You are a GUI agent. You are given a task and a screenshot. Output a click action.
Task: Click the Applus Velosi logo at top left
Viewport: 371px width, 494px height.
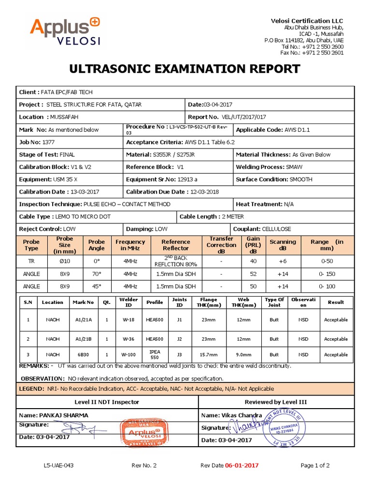pyautogui.click(x=65, y=31)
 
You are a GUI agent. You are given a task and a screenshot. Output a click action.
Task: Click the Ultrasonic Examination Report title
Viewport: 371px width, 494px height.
pyautogui.click(x=185, y=69)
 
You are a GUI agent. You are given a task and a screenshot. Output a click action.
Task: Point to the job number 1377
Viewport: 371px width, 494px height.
pyautogui.click(x=49, y=142)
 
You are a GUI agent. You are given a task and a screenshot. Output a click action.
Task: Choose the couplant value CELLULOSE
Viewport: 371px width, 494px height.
pyautogui.click(x=276, y=229)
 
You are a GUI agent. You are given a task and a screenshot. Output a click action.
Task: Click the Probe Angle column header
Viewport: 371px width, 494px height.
pyautogui.click(x=97, y=245)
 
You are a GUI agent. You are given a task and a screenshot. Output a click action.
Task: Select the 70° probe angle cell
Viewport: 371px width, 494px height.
pyautogui.click(x=97, y=274)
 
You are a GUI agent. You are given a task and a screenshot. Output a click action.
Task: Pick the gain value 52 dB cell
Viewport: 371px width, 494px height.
pyautogui.click(x=253, y=274)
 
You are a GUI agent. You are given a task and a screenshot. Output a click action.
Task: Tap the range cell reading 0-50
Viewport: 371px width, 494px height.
pyautogui.click(x=327, y=261)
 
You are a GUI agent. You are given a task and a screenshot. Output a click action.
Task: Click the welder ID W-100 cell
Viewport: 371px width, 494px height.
pyautogui.click(x=128, y=355)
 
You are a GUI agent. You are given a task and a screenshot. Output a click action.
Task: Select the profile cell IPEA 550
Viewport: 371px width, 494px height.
pyautogui.click(x=155, y=355)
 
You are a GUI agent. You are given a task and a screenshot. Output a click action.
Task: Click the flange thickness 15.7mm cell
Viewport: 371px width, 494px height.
pyautogui.click(x=209, y=355)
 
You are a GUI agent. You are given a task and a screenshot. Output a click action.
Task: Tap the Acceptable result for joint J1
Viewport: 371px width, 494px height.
pyautogui.click(x=336, y=319)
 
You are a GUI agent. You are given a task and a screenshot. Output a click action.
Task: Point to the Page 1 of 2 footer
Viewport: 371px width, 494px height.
pyautogui.click(x=315, y=466)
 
